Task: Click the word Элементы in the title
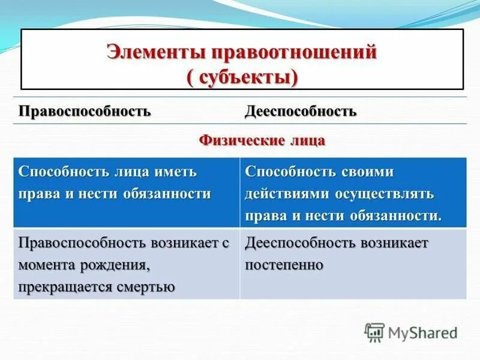pos(155,52)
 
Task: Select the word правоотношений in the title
pos(293,52)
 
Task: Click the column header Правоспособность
pos(85,112)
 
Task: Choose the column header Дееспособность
pos(301,112)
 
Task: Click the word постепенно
pos(284,265)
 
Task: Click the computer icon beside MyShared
pos(374,332)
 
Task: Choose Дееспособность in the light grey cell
pos(300,243)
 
